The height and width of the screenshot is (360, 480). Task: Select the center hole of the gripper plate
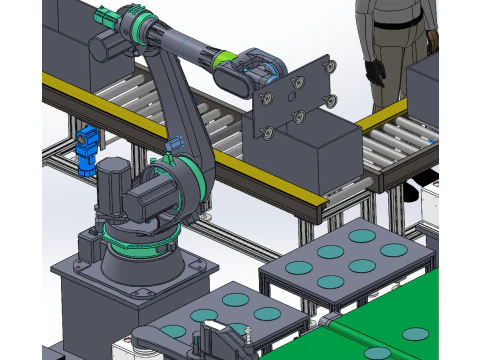[291, 99]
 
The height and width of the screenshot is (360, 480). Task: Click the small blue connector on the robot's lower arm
[174, 146]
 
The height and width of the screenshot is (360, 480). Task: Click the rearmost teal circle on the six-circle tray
[362, 237]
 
